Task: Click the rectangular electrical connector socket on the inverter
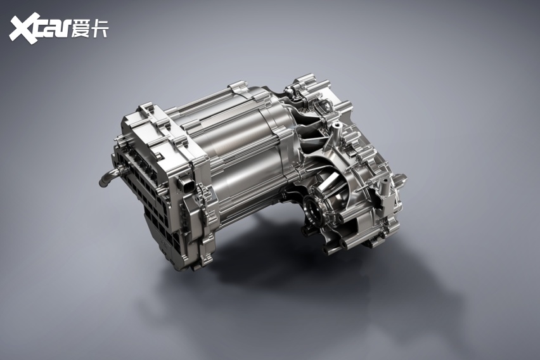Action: coord(185,186)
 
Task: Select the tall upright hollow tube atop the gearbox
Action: coord(335,132)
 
